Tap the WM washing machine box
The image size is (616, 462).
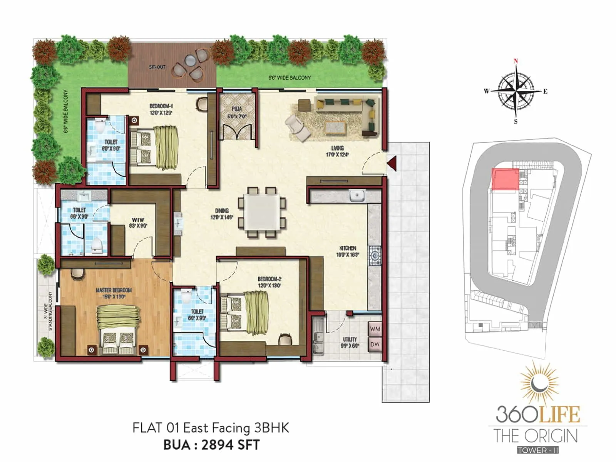point(375,329)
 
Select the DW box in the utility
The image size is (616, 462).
point(375,345)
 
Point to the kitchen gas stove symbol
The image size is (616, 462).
point(375,256)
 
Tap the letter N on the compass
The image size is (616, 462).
point(516,61)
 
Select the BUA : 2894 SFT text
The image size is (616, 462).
point(211,445)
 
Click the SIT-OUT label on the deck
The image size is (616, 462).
point(157,67)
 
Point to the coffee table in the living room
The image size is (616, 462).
point(335,127)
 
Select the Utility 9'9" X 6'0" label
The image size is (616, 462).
point(350,342)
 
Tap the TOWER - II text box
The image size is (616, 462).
point(537,450)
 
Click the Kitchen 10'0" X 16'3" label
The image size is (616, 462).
point(347,251)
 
